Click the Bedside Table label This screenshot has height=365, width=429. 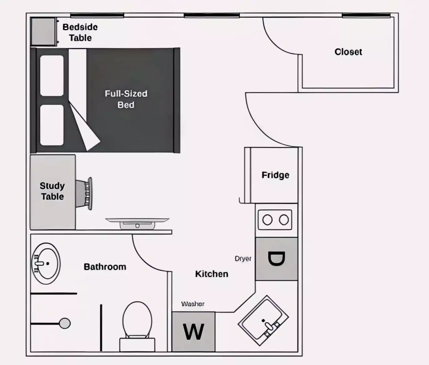pyautogui.click(x=80, y=32)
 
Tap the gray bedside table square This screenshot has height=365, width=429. pyautogui.click(x=43, y=32)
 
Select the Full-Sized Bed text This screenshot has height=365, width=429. pyautogui.click(x=126, y=99)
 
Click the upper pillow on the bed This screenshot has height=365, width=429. pyautogui.click(x=52, y=75)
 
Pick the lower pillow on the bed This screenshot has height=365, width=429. pyautogui.click(x=52, y=125)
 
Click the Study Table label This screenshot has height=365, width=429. pyautogui.click(x=52, y=191)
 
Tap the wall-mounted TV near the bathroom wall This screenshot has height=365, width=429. pyautogui.click(x=137, y=223)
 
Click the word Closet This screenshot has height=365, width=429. pyautogui.click(x=348, y=52)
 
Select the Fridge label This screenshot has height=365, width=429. pyautogui.click(x=275, y=175)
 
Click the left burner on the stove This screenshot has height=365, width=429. pyautogui.click(x=267, y=220)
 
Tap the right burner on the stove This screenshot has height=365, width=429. pyautogui.click(x=284, y=220)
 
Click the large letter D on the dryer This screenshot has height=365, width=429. pyautogui.click(x=276, y=259)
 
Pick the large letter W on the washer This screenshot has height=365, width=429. pyautogui.click(x=194, y=332)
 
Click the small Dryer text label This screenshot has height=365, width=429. pyautogui.click(x=243, y=259)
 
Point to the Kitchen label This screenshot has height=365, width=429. pyautogui.click(x=212, y=274)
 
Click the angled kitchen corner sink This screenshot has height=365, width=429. pyautogui.click(x=263, y=320)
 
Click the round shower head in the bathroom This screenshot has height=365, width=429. pyautogui.click(x=65, y=323)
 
